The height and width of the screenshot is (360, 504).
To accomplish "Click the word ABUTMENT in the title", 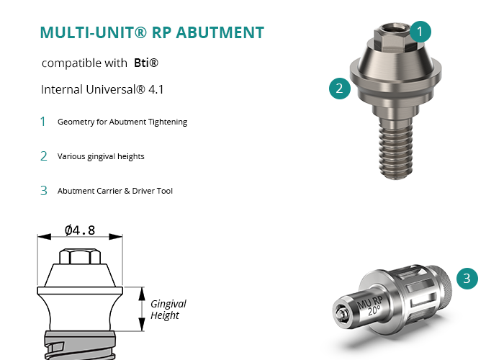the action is (220, 32).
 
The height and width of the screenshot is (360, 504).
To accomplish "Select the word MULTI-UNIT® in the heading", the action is (93, 32).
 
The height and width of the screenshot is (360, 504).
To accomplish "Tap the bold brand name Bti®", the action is (146, 63).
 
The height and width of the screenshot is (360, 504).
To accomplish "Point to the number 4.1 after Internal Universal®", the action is (156, 89).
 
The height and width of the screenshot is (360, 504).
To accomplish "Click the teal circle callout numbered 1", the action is (420, 32).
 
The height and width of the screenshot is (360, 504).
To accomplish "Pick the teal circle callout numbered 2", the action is (340, 89).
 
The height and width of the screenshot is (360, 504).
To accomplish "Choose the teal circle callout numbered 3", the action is (467, 279).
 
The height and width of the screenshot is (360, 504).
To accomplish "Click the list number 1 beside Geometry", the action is (42, 122).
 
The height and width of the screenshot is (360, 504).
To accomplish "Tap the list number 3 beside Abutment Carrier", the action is (44, 191).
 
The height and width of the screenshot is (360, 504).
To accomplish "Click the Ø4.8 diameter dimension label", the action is (80, 230).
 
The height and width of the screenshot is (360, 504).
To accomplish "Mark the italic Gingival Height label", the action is (168, 310).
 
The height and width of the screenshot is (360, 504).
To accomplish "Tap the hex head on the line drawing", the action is (80, 256).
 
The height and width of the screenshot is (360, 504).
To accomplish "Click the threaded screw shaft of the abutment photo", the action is (396, 148).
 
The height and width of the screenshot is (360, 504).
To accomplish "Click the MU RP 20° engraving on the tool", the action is (370, 305).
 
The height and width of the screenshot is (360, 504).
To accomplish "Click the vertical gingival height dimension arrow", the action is (142, 309).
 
